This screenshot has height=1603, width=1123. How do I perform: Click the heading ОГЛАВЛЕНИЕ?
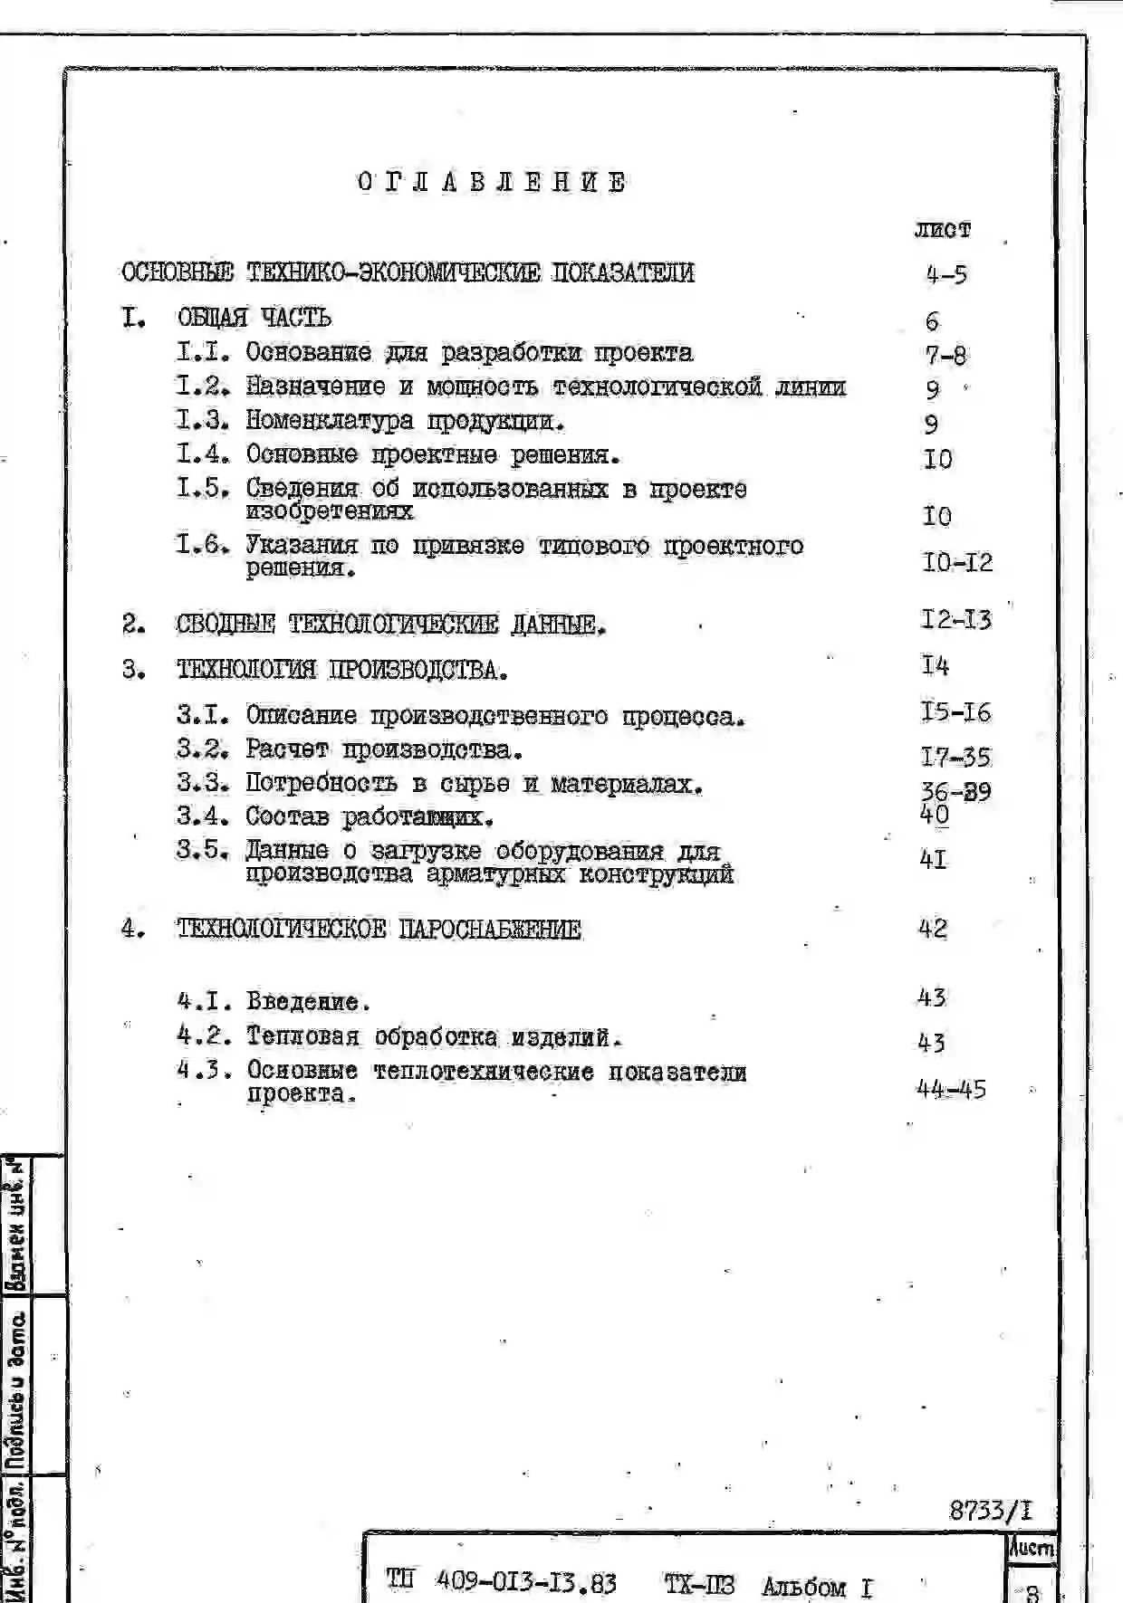492,182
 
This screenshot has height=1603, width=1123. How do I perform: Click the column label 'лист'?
942,230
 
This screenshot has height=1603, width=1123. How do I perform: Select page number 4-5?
946,273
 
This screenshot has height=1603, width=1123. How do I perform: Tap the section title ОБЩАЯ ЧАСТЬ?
254,318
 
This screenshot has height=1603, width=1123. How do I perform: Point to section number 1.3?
203,420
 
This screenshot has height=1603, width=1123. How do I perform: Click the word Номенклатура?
330,421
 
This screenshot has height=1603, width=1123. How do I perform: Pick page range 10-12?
957,562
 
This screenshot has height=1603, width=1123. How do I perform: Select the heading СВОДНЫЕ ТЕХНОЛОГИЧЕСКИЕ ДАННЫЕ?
390,624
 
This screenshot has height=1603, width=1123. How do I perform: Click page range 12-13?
955,619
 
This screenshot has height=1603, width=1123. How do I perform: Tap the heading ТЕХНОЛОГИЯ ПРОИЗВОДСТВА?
341,670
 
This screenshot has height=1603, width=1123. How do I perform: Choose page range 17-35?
955,756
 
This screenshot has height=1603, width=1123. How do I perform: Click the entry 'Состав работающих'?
370,816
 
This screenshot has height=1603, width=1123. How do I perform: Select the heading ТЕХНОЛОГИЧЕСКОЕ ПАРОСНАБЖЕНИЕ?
379,929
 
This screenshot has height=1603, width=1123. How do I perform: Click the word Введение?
308,1002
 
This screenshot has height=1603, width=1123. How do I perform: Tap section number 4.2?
203,1035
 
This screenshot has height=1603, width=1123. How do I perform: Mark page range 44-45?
951,1089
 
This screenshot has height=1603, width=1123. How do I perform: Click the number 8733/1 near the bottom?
990,1510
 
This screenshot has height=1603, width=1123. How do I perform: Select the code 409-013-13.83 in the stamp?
526,1582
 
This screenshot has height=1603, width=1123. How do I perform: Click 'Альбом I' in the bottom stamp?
817,1587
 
